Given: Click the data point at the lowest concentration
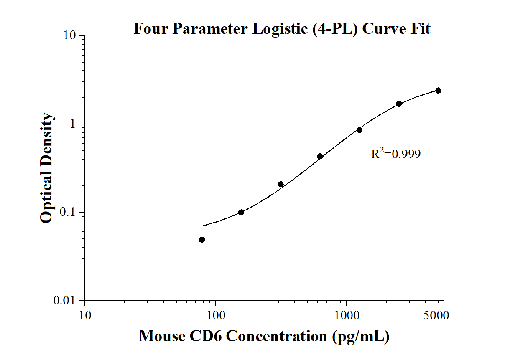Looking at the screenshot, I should pos(202,240).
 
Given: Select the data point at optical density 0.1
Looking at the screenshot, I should pos(241,212).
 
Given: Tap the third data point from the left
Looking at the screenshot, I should pos(280,184).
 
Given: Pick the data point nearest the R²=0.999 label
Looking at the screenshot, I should pos(359,130).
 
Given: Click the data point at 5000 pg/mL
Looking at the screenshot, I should pos(438,91).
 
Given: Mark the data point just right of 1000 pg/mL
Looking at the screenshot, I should pos(359,130).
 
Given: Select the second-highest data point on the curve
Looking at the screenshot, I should pos(399,104).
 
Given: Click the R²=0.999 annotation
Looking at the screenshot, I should pos(395,154).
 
